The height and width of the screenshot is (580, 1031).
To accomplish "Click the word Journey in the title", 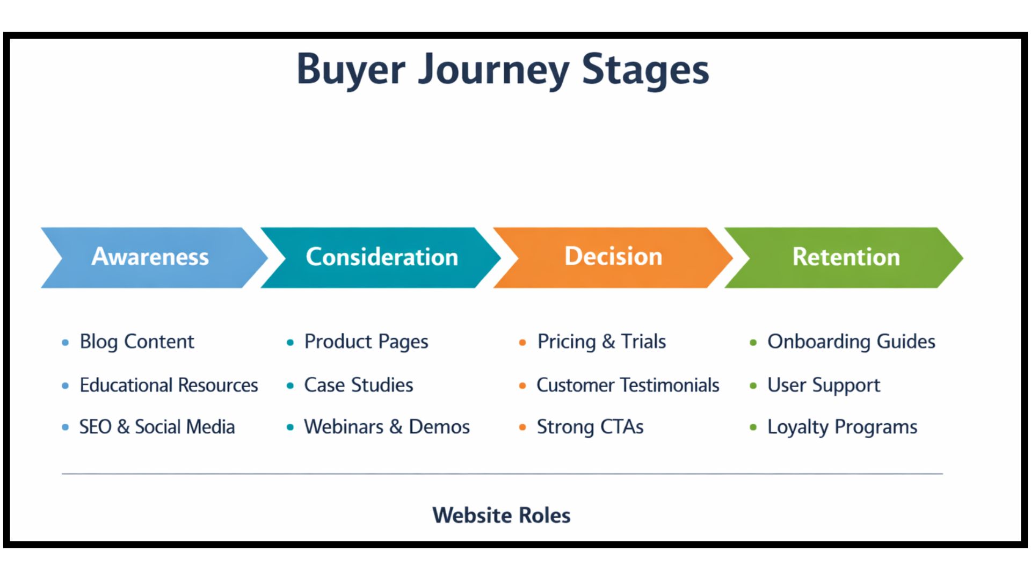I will pos(493,70).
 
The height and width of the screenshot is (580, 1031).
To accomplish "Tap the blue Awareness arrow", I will pos(150,257).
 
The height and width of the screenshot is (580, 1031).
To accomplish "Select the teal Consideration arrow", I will pos(382,257).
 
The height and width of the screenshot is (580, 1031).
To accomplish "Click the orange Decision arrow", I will pos(613,257).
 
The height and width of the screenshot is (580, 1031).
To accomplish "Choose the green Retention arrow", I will pos(846,257).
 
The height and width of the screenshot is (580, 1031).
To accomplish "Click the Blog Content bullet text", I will pos(137,342).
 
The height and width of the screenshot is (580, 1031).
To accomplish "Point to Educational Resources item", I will pos(169,386).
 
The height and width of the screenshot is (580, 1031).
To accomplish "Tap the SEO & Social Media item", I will pos(157,427).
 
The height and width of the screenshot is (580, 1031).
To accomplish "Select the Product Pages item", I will pos(366,342).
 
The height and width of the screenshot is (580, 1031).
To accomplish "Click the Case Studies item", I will pos(359,386).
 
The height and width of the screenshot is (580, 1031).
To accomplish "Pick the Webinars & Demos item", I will pos(387,427).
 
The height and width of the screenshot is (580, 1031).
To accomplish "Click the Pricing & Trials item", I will pos(601,342).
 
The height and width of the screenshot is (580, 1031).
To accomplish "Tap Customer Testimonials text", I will pos(628,386).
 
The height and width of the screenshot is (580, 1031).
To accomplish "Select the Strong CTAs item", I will pos(590,427).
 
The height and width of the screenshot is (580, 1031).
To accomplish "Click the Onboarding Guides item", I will pos(851,342).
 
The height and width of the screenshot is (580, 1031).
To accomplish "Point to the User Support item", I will pos(824,386).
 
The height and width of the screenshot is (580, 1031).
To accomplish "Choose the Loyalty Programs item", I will pos(842,427).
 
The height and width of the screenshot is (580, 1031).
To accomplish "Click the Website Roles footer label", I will pos(502,516).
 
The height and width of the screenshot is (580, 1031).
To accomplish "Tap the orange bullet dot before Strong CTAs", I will pos(522,428).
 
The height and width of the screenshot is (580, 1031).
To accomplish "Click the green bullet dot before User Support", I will pos(753,386).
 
